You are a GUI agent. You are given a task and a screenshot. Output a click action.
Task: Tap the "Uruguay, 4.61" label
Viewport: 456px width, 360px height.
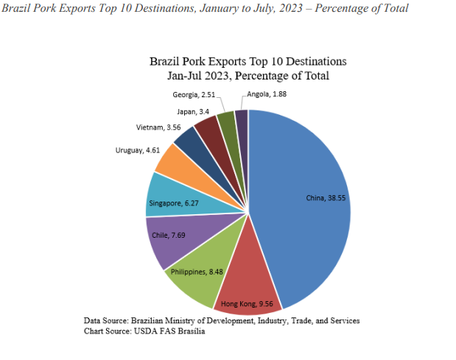pyautogui.click(x=139, y=150)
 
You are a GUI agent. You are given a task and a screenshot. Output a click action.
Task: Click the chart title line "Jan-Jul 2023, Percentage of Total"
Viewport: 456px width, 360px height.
pyautogui.click(x=248, y=76)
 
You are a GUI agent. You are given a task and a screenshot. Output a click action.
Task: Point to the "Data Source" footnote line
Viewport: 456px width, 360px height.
pyautogui.click(x=222, y=321)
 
